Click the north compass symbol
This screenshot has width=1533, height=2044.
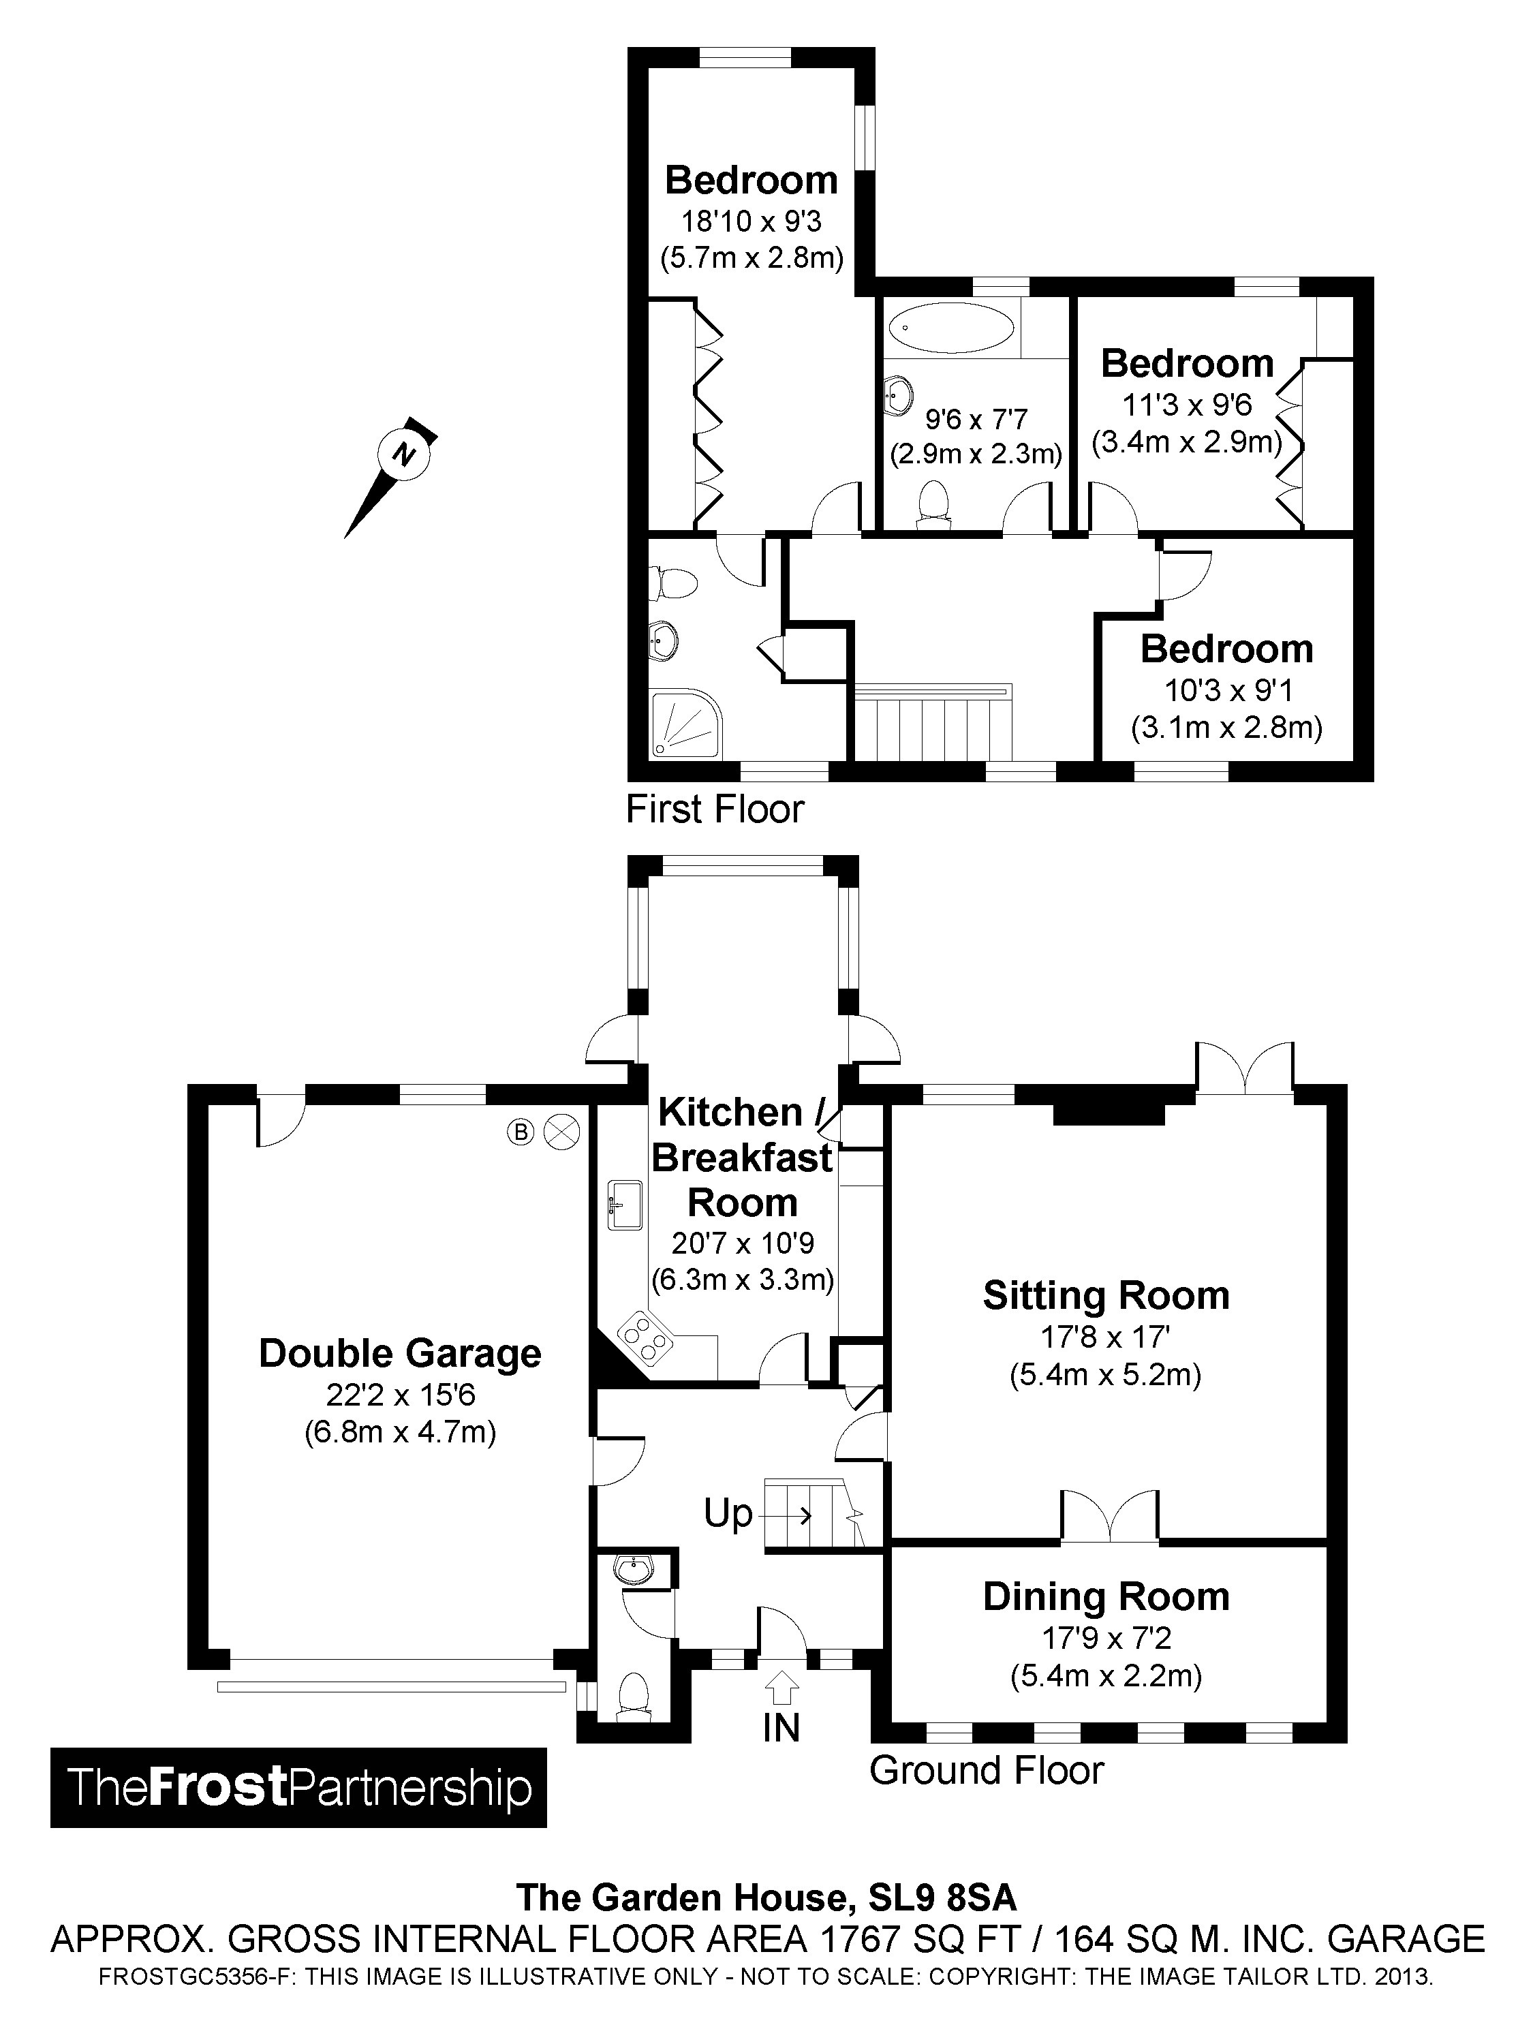[404, 454]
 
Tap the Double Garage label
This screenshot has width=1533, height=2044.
[399, 1353]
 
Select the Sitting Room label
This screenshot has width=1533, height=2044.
[1105, 1295]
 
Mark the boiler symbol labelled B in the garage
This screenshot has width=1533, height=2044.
[521, 1131]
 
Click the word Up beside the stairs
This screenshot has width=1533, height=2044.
[728, 1515]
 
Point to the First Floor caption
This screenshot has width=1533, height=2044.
[714, 809]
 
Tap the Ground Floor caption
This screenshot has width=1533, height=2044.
[986, 1771]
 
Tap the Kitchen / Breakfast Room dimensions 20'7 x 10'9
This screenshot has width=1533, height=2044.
[742, 1243]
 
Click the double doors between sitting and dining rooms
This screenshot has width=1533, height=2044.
[1109, 1518]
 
